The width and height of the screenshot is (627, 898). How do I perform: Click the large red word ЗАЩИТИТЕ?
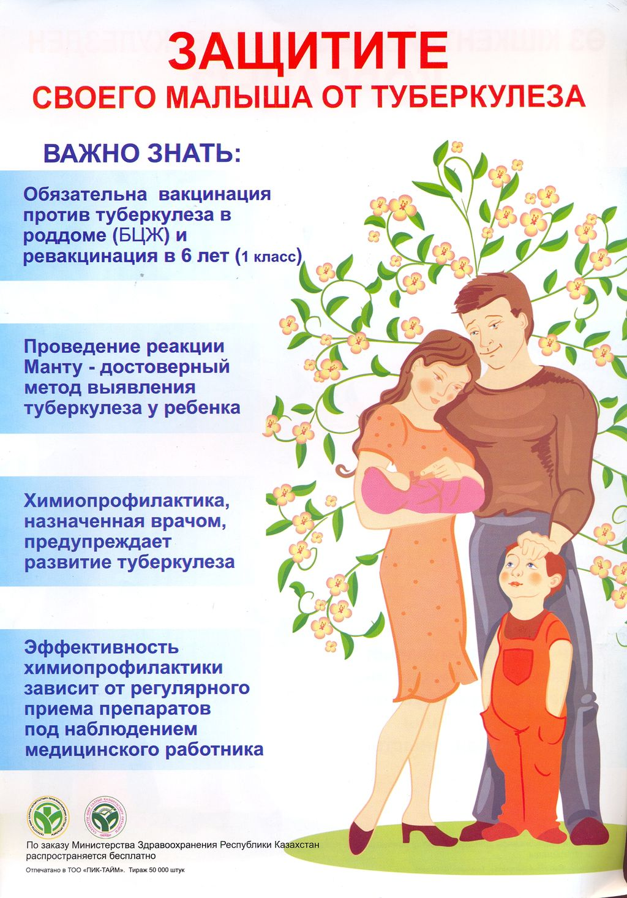[307, 51]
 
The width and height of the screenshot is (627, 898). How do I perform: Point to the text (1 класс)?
[268, 258]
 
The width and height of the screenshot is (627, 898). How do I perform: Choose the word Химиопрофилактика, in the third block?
[127, 502]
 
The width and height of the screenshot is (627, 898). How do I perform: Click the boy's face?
[522, 578]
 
